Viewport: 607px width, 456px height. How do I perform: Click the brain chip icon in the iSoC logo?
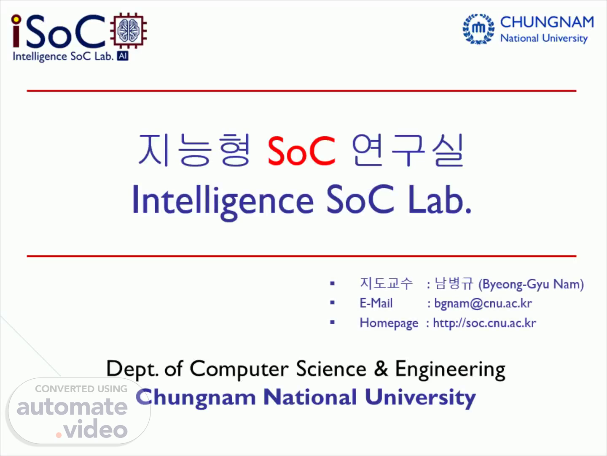[129, 30]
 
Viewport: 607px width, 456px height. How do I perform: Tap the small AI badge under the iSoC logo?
[123, 56]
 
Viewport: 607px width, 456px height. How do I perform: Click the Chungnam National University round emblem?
[479, 29]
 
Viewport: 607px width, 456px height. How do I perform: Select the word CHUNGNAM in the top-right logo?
[547, 22]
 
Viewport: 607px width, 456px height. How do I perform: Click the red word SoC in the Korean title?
[302, 151]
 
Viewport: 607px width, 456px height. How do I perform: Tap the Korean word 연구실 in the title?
[408, 150]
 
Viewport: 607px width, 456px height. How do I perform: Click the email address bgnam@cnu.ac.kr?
[483, 304]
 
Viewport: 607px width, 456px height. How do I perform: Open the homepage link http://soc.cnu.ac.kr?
[484, 323]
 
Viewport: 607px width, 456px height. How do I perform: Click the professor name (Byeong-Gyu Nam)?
[531, 284]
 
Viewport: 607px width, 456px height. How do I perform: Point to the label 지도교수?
[386, 283]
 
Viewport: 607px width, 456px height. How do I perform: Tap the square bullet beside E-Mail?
[333, 303]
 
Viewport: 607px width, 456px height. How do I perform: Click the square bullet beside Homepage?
[333, 322]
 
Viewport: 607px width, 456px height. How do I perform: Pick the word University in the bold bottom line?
[420, 398]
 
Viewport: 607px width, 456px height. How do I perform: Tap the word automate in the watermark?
[72, 407]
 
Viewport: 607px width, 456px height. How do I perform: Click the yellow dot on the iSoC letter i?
[16, 19]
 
